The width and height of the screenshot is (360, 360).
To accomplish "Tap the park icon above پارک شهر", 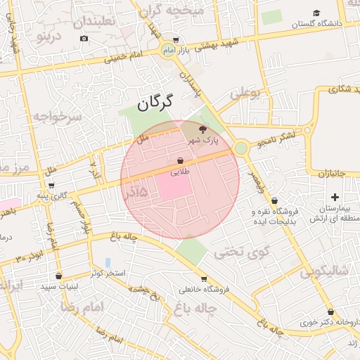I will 203,129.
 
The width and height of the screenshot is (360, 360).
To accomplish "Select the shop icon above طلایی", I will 181,160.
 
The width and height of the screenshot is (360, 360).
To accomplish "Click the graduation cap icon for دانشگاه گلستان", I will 316,13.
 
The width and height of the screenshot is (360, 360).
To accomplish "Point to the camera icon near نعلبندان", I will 84,37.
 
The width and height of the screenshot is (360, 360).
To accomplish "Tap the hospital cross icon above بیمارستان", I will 335,198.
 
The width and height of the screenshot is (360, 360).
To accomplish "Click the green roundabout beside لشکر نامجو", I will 241,148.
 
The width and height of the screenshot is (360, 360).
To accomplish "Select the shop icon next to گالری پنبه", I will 52,186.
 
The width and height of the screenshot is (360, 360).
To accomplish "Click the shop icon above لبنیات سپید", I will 58,276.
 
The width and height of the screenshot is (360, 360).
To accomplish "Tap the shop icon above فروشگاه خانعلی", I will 204,278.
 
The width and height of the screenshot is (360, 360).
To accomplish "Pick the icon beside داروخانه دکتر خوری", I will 330,311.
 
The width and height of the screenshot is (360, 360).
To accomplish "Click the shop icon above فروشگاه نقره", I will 274,200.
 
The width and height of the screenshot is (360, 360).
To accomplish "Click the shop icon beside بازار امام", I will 175,41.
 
